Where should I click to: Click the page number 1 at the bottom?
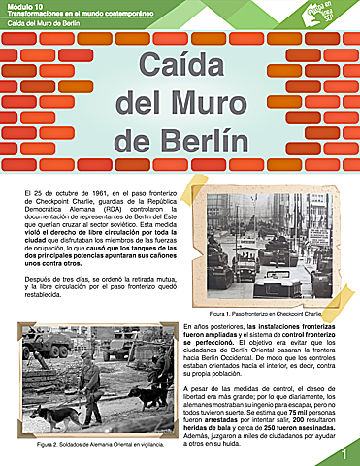[x=343, y=454]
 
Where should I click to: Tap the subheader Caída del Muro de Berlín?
[x=48, y=23]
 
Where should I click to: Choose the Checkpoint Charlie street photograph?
[x=265, y=250]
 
